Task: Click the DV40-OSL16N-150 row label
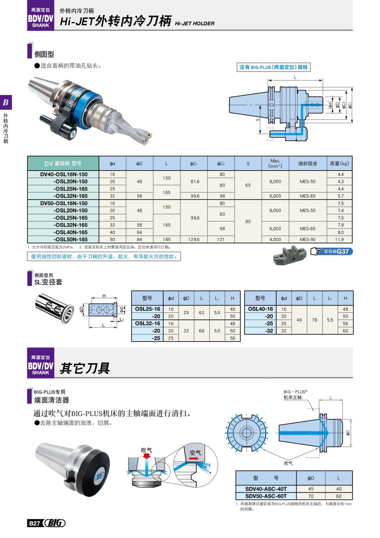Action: [64, 174]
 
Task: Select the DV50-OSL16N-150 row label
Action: [64, 203]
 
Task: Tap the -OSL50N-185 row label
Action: [70, 239]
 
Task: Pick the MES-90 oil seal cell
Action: [307, 239]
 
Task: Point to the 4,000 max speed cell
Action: [275, 239]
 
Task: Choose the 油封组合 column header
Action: [307, 164]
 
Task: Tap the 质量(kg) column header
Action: [339, 164]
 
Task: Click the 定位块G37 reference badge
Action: [332, 251]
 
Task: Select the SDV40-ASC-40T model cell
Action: [266, 489]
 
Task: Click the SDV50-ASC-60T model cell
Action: [266, 496]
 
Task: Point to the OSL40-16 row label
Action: [260, 309]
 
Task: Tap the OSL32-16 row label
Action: [147, 323]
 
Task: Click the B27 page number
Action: [34, 523]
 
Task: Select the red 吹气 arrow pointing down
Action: [146, 456]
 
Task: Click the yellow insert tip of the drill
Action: [149, 136]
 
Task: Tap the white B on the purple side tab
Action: [6, 102]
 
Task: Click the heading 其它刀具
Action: [85, 368]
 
